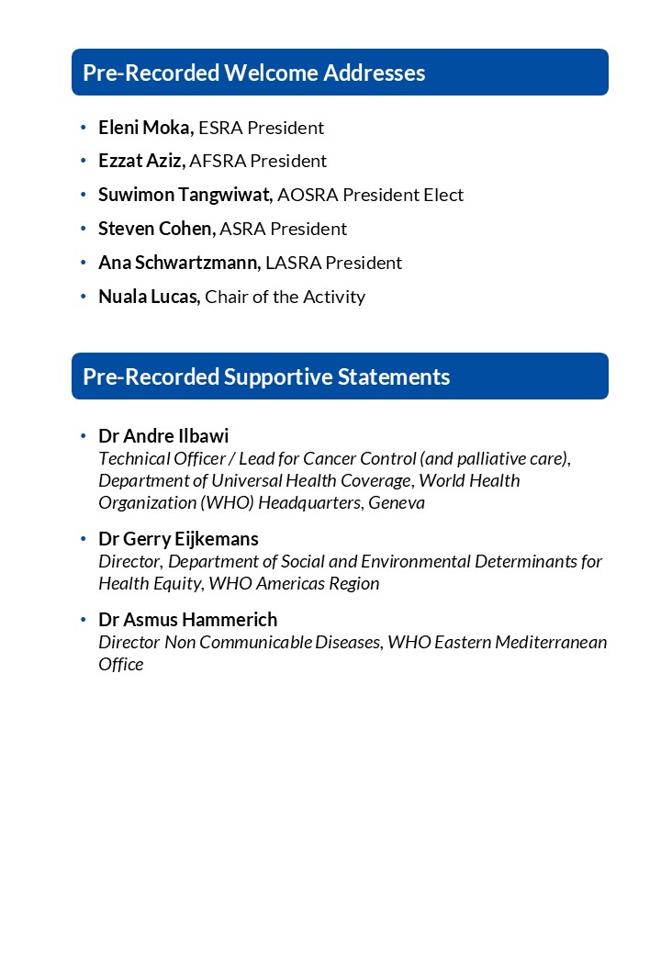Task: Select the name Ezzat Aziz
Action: click(141, 161)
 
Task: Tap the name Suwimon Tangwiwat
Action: click(185, 195)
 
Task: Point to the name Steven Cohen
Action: click(156, 229)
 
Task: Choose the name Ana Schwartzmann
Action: click(179, 263)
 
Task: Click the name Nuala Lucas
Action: click(149, 297)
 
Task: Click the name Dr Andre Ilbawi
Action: click(163, 435)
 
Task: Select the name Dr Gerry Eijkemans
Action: click(178, 539)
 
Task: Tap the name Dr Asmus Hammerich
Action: click(187, 620)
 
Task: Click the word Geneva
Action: click(397, 502)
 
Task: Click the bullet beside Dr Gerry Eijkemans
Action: click(83, 539)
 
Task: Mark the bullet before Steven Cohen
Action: click(83, 229)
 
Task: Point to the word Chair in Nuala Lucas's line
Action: click(226, 297)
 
